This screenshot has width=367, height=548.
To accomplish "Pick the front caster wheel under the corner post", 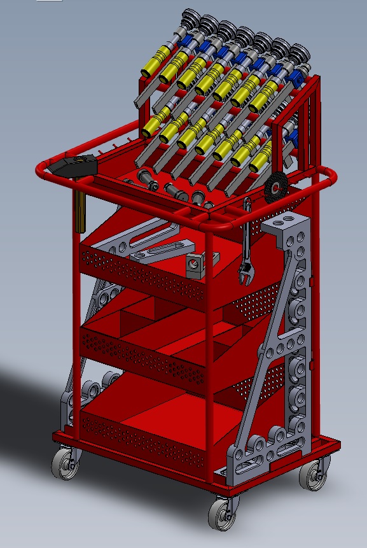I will (x=221, y=512).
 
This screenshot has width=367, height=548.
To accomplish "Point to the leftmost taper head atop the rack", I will (x=189, y=18).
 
